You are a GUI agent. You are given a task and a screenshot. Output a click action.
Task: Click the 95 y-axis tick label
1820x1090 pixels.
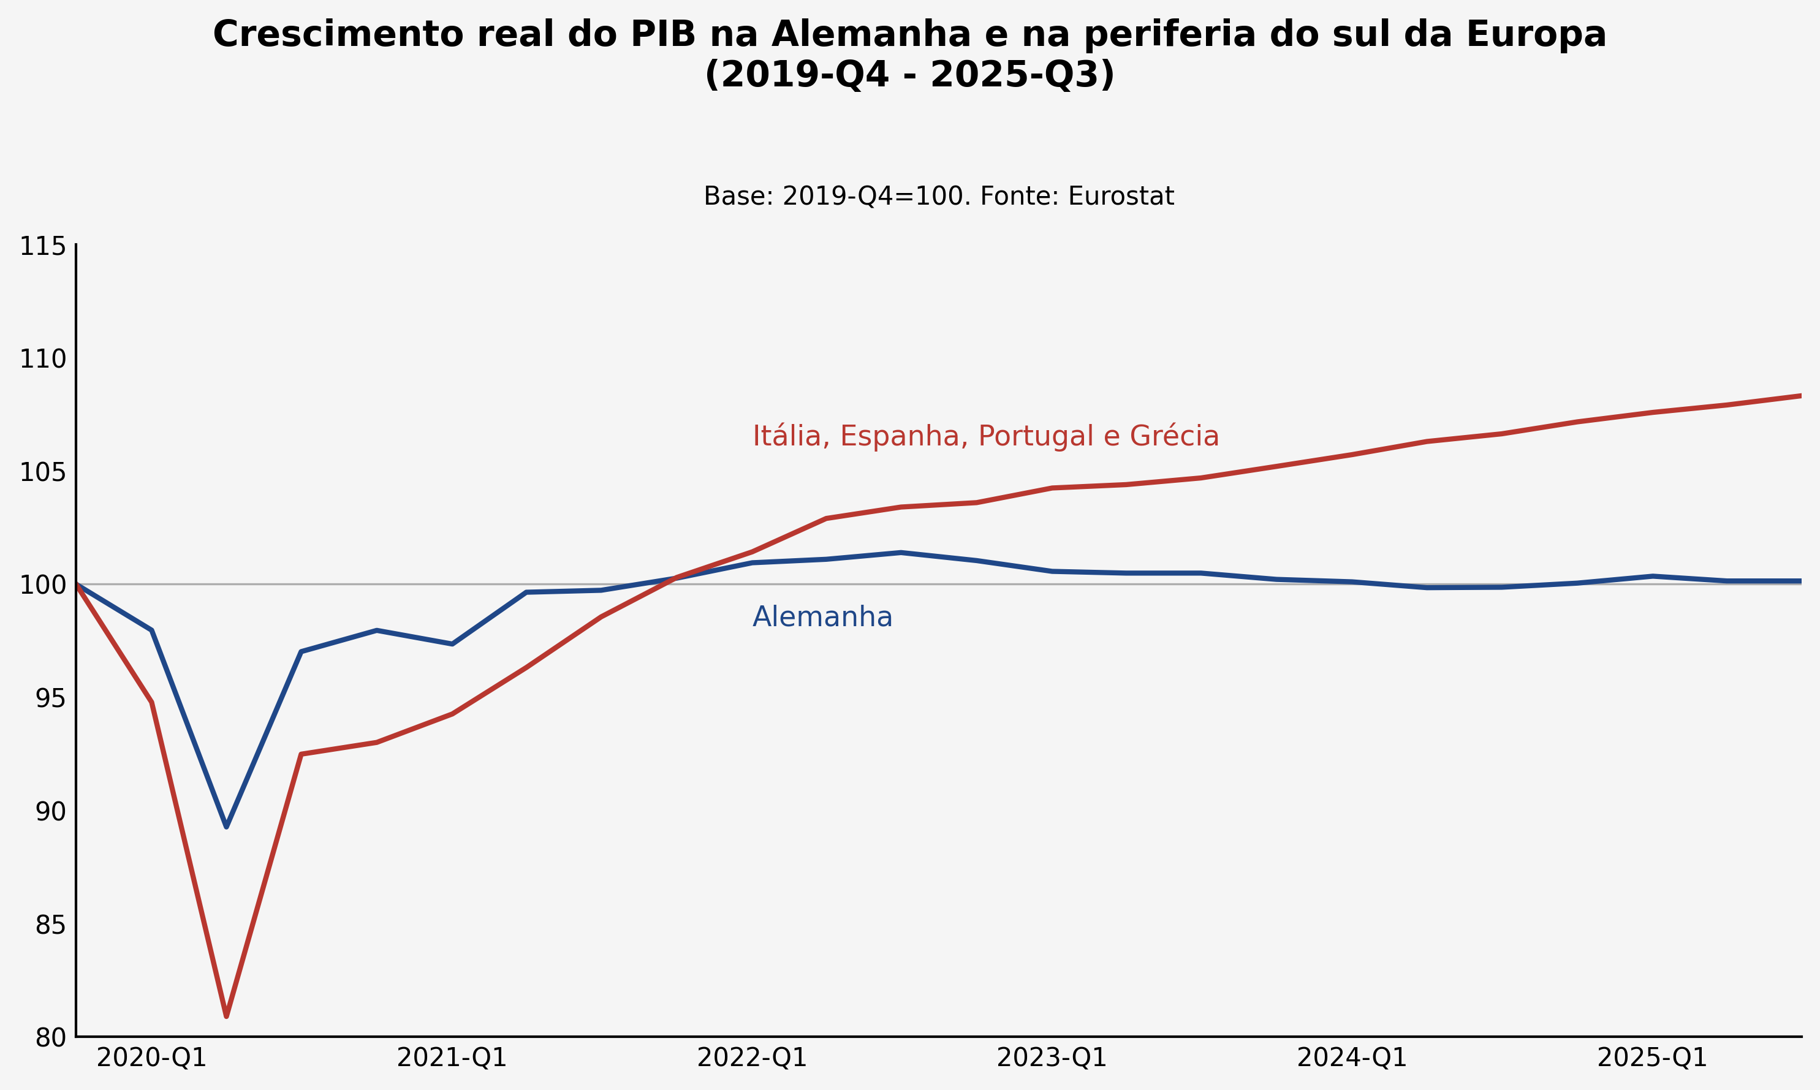coord(51,699)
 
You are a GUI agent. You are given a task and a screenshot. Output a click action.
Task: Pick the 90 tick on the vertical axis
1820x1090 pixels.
coord(51,812)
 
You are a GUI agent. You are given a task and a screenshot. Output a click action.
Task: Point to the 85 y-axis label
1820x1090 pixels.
coord(51,925)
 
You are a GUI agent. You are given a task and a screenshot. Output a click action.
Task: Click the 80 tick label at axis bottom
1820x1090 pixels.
coord(51,1039)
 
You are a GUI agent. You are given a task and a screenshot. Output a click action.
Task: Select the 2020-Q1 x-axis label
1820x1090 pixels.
coord(152,1058)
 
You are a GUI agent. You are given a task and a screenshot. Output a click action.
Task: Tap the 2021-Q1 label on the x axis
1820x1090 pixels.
coord(452,1058)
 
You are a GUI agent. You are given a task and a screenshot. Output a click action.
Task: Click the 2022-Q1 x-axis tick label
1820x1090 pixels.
coord(752,1058)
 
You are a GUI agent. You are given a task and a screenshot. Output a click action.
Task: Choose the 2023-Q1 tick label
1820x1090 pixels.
coord(1052,1058)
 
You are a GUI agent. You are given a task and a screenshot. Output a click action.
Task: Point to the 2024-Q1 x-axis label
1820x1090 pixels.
coord(1352,1058)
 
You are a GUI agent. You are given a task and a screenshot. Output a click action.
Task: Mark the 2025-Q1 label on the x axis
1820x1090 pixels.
coord(1653,1058)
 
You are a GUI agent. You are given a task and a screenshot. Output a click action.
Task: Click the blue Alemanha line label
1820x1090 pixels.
coord(822,617)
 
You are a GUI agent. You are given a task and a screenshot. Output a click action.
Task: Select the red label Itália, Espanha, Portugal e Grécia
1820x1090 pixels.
coord(985,436)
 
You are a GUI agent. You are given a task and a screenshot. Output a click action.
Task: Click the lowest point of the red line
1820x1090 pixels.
coord(226,1016)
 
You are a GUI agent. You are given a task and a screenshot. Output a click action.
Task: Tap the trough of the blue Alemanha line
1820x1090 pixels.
coord(226,827)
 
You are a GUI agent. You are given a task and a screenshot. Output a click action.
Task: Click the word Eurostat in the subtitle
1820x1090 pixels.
coord(1121,197)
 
